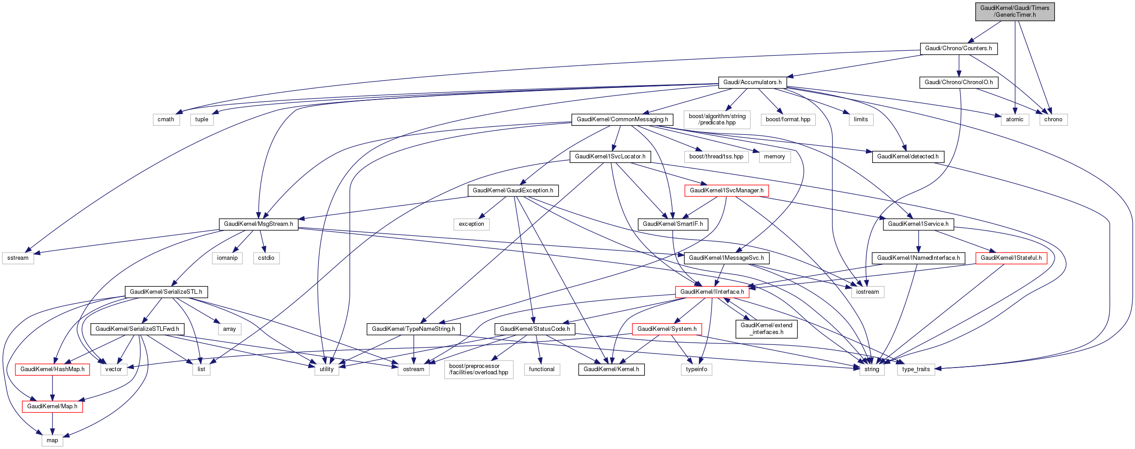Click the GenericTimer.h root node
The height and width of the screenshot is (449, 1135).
pyautogui.click(x=1014, y=11)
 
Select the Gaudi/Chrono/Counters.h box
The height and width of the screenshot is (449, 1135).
pyautogui.click(x=958, y=48)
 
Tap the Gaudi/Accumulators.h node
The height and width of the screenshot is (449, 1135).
pyautogui.click(x=752, y=82)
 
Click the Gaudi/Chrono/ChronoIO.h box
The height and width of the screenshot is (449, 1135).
pyautogui.click(x=958, y=82)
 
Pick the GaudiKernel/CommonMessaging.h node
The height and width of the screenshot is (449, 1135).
pyautogui.click(x=622, y=119)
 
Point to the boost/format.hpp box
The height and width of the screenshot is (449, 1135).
pyautogui.click(x=788, y=119)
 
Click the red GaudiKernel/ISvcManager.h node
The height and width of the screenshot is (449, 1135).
pyautogui.click(x=726, y=191)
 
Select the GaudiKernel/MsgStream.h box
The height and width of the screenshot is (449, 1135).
pyautogui.click(x=258, y=224)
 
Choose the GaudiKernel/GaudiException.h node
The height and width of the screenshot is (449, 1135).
pyautogui.click(x=513, y=191)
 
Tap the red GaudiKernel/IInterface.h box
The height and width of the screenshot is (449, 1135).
pyautogui.click(x=712, y=292)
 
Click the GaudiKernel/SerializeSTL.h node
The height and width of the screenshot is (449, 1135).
pyautogui.click(x=166, y=292)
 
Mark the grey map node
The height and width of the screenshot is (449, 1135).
pyautogui.click(x=52, y=440)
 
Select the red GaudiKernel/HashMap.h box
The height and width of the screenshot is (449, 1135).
pyautogui.click(x=52, y=369)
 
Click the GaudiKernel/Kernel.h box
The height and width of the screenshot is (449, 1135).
pyautogui.click(x=611, y=369)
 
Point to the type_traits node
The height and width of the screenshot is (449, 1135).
pyautogui.click(x=916, y=369)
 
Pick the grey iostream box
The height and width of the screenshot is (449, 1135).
pyautogui.click(x=867, y=292)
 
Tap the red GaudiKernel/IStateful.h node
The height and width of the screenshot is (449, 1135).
pyautogui.click(x=1011, y=258)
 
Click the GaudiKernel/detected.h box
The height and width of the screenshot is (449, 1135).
pyautogui.click(x=907, y=157)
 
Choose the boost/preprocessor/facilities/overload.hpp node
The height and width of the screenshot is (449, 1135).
pyautogui.click(x=478, y=369)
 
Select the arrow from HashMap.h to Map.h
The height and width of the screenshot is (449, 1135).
pyautogui.click(x=52, y=387)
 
